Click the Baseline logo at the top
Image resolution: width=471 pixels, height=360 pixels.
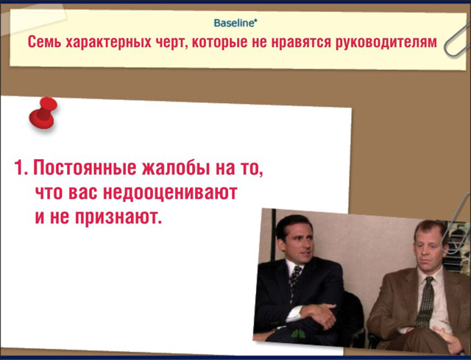pos(235,23)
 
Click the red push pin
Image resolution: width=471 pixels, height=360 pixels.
pos(43,113)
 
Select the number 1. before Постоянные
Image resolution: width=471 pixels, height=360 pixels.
pos(21,167)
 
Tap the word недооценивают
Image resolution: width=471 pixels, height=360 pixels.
pos(170,192)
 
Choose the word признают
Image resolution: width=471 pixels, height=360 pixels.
pos(118,217)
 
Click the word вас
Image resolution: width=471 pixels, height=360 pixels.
pos(82,193)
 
